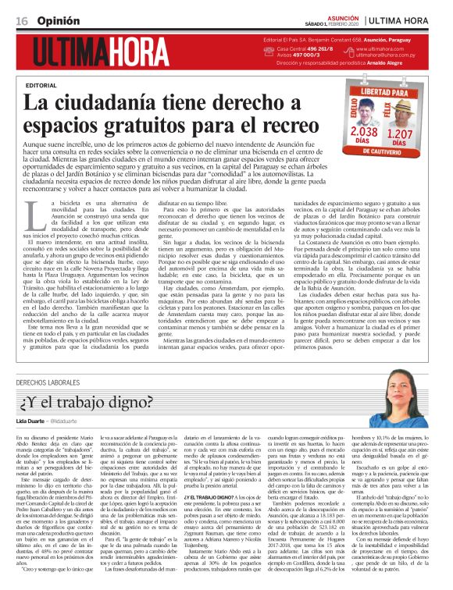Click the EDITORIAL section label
tap(41, 84)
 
